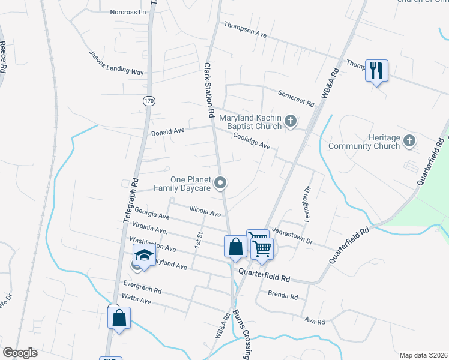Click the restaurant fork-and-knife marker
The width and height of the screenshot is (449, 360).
(x=376, y=71)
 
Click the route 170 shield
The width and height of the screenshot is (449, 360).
(x=148, y=101)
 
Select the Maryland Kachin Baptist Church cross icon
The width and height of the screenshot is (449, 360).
(x=291, y=122)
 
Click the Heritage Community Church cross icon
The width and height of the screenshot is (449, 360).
(x=409, y=141)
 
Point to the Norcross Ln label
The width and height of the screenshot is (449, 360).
(x=128, y=12)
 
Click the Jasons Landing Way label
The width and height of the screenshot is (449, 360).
(x=117, y=63)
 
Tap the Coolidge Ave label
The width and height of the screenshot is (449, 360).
(x=252, y=141)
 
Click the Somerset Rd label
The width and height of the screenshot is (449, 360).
(x=297, y=98)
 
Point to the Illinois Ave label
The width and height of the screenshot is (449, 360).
(x=205, y=210)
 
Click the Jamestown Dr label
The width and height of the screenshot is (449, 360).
(x=292, y=235)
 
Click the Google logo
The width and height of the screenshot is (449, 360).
(x=20, y=353)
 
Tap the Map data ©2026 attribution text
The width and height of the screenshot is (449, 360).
(x=423, y=355)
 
